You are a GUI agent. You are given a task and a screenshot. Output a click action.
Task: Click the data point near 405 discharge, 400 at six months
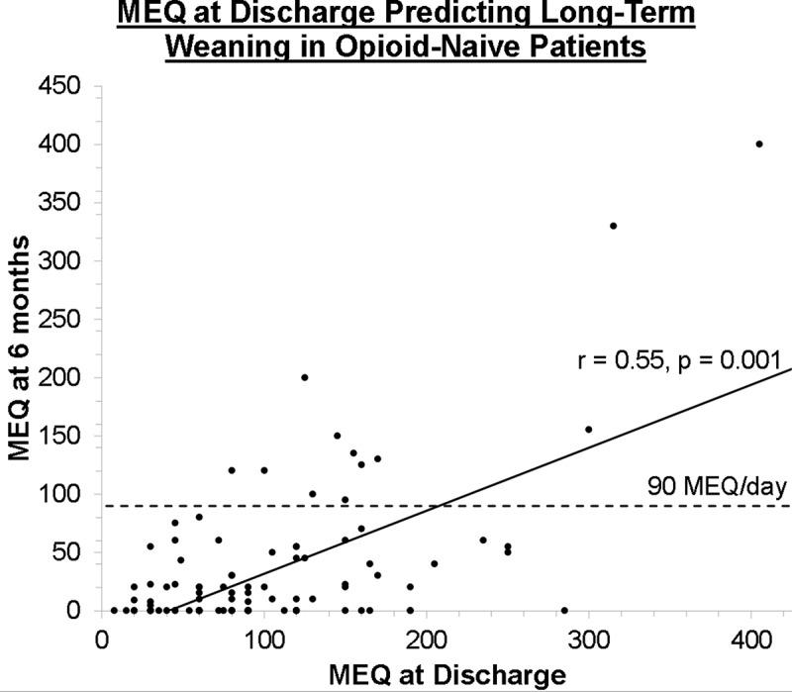[x=759, y=144]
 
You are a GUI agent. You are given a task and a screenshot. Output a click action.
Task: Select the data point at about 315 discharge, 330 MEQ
[x=613, y=226]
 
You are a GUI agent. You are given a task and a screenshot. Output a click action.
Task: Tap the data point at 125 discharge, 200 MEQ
[x=305, y=377]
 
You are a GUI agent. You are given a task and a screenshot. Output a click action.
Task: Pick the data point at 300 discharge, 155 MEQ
[x=589, y=430]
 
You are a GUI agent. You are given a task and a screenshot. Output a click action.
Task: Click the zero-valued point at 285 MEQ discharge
[x=564, y=610]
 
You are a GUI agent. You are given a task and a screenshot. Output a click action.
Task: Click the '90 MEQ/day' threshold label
[x=717, y=488]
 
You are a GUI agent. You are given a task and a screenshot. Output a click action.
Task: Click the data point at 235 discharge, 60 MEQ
[x=483, y=541]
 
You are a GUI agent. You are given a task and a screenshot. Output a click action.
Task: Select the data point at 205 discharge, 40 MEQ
[x=434, y=563]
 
